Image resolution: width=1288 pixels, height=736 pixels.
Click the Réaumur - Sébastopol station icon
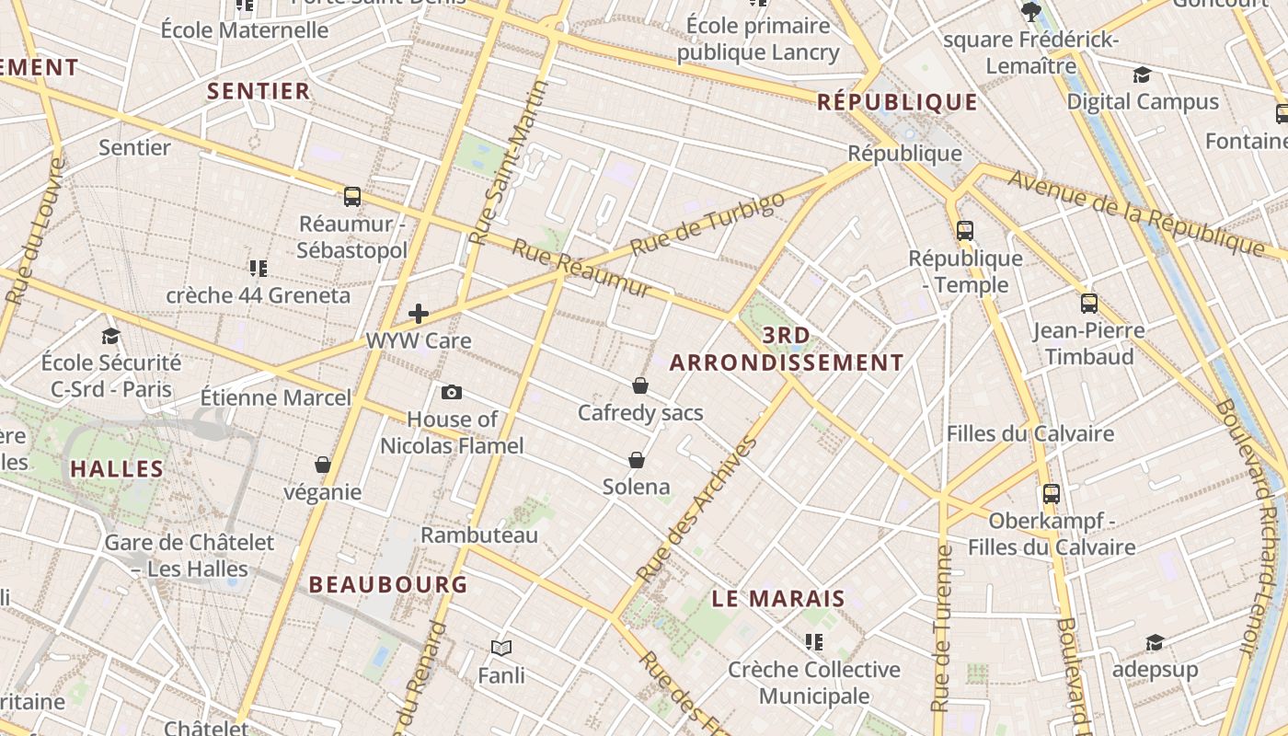pos(352,196)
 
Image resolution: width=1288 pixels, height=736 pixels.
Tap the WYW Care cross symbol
pos(419,314)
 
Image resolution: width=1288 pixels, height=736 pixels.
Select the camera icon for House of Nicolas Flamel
pos(452,393)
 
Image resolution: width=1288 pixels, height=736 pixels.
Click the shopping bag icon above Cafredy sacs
pos(640,385)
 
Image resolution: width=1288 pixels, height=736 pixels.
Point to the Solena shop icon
pos(636,459)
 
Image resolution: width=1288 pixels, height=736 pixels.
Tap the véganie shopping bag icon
pos(322,465)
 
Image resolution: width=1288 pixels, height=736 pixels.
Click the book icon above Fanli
pos(501,649)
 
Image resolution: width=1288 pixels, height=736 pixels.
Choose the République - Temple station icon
pos(965,231)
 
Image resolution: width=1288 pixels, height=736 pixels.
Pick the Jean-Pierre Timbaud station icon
pos(1089,303)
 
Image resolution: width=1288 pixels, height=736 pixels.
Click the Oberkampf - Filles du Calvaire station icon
pos(1052,494)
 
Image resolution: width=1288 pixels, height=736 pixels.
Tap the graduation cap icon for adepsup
pos(1155,642)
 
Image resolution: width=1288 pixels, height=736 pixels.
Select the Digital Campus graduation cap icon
pos(1142,75)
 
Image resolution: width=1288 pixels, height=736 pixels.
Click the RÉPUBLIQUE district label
pos(897,102)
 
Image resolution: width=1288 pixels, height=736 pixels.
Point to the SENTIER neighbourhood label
pos(259,91)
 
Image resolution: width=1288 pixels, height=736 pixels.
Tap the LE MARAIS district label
pos(778,599)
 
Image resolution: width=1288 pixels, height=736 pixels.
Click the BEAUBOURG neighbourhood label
pos(388,584)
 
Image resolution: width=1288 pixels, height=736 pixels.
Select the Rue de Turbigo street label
pos(708,224)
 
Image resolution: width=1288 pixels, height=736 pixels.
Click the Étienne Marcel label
pos(276,398)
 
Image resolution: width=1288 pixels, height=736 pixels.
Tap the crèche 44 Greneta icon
pos(259,269)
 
